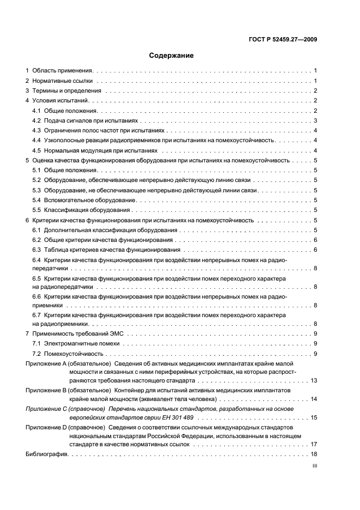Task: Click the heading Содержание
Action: [171, 55]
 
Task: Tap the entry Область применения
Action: [63, 71]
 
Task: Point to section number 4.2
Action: [36, 120]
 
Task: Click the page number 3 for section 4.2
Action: [315, 120]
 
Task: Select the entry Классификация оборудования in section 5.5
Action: [87, 210]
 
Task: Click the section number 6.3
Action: [36, 250]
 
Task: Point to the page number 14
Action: [314, 399]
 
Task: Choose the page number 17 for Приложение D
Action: [314, 445]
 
